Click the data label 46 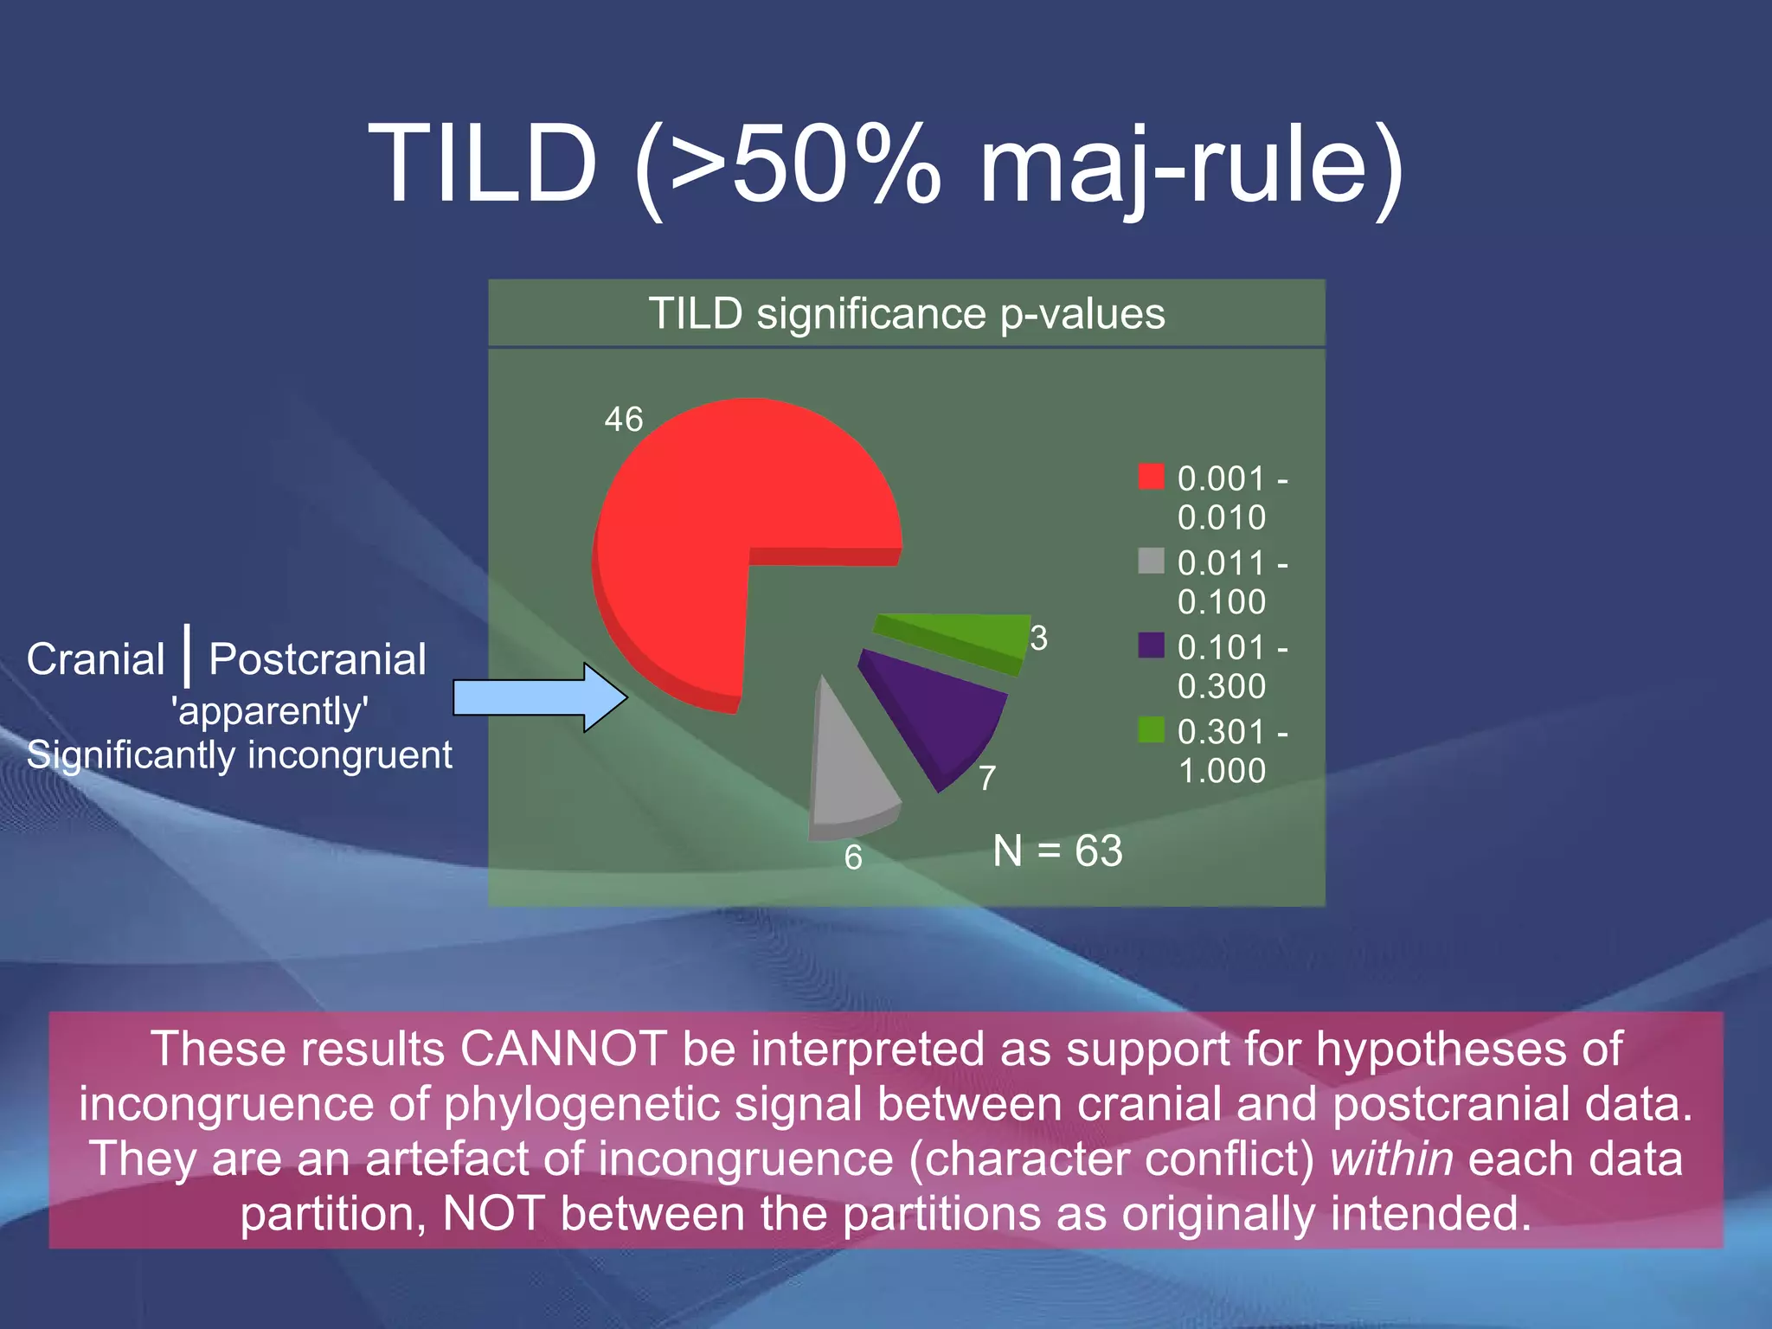[624, 420]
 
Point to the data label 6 [853, 857]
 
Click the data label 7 [987, 778]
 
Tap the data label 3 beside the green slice [1039, 639]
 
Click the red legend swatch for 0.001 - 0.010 [1151, 477]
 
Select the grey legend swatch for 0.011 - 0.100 [1151, 561]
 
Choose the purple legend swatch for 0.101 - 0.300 [1151, 645]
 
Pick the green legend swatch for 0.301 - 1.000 [1151, 730]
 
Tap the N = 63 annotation [1057, 851]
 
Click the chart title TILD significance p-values [907, 313]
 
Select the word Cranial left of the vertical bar [95, 659]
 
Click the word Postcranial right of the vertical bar [318, 659]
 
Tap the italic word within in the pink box [1391, 1159]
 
